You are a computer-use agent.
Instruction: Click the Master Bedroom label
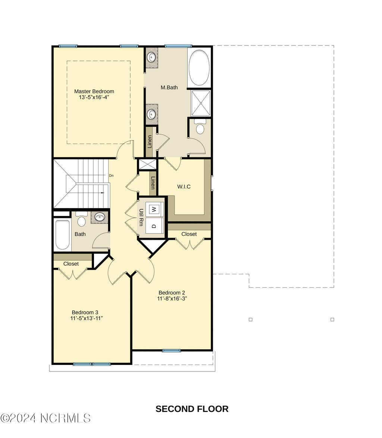pyautogui.click(x=94, y=91)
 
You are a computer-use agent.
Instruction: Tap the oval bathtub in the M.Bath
pyautogui.click(x=199, y=68)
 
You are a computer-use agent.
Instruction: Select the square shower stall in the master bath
pyautogui.click(x=200, y=103)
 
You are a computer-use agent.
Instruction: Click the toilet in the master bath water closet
pyautogui.click(x=200, y=127)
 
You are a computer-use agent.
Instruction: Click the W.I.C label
pyautogui.click(x=184, y=187)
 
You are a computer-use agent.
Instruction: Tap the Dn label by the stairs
pyautogui.click(x=111, y=176)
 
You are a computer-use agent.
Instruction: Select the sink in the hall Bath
pyautogui.click(x=99, y=217)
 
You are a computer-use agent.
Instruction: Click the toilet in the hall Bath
pyautogui.click(x=81, y=219)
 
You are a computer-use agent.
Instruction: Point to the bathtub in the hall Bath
pyautogui.click(x=62, y=235)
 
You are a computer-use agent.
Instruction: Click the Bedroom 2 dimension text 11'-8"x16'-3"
pyautogui.click(x=172, y=298)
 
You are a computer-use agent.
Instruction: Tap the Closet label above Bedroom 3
pyautogui.click(x=71, y=264)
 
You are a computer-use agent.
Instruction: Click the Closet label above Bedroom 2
pyautogui.click(x=189, y=234)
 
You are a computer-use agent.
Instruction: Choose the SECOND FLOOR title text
pyautogui.click(x=192, y=409)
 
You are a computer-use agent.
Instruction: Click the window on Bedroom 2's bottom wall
pyautogui.click(x=172, y=351)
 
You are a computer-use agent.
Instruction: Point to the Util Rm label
pyautogui.click(x=141, y=218)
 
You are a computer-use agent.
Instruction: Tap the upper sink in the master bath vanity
pyautogui.click(x=151, y=58)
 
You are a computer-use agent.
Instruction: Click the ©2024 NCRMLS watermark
pyautogui.click(x=46, y=418)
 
